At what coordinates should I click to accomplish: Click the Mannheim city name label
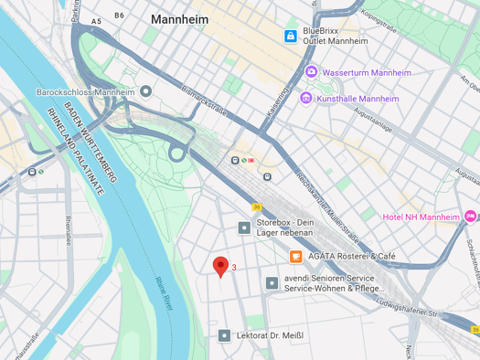[181, 18]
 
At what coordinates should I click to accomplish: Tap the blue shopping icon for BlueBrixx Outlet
[290, 36]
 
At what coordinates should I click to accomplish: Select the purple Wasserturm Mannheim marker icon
[311, 71]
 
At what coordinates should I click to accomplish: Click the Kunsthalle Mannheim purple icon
[306, 99]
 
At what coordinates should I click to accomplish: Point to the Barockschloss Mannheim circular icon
[145, 92]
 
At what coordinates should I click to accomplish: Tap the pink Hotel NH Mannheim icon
[470, 217]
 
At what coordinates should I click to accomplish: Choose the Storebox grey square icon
[244, 228]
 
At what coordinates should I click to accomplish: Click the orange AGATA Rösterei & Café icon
[296, 257]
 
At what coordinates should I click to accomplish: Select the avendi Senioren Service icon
[272, 283]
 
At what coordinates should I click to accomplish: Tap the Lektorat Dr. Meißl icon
[224, 335]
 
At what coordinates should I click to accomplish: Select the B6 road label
[119, 16]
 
